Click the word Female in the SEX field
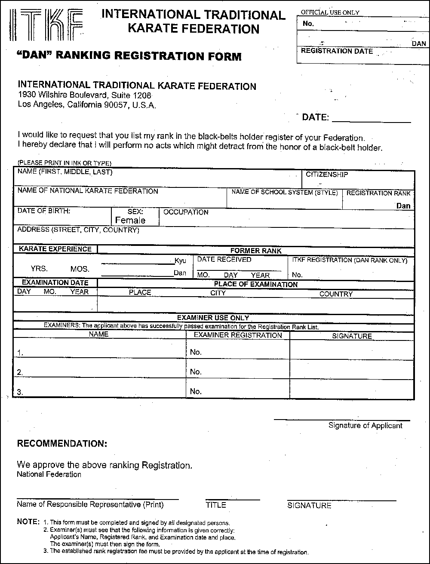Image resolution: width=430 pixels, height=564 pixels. click(130, 220)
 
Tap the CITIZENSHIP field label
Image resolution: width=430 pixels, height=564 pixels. click(327, 175)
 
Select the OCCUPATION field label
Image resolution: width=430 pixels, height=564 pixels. click(186, 212)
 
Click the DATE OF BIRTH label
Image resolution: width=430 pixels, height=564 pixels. click(44, 211)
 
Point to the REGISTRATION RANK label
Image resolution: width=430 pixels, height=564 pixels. click(378, 193)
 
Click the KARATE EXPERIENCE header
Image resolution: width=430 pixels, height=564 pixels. click(55, 249)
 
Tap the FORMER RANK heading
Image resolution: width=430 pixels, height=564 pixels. click(256, 251)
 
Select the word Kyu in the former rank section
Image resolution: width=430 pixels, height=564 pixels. click(180, 261)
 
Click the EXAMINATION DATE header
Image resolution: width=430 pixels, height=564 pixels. click(55, 283)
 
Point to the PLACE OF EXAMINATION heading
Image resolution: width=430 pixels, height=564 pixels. click(255, 284)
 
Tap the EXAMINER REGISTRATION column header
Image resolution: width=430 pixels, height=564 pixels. click(238, 335)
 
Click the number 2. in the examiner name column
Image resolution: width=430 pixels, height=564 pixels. click(20, 372)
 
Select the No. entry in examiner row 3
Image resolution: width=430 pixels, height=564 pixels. click(196, 391)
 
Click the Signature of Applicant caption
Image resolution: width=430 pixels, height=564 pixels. click(365, 426)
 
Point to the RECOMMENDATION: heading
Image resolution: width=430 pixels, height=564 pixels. click(62, 444)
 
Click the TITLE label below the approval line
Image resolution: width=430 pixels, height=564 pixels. click(216, 505)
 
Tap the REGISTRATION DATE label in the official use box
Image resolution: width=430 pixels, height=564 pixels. click(337, 51)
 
